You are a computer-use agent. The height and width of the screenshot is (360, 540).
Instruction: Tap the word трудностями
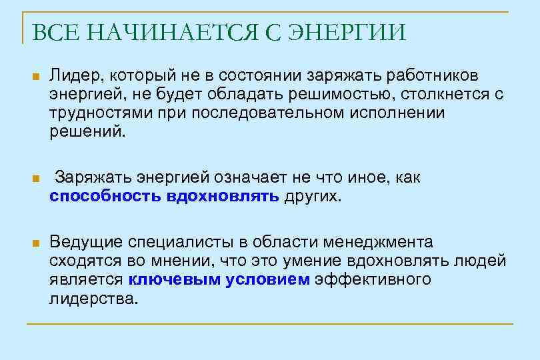tap(98, 112)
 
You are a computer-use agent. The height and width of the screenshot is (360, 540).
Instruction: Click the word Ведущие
tap(83, 241)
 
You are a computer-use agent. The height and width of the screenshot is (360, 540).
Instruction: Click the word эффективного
tap(373, 279)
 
